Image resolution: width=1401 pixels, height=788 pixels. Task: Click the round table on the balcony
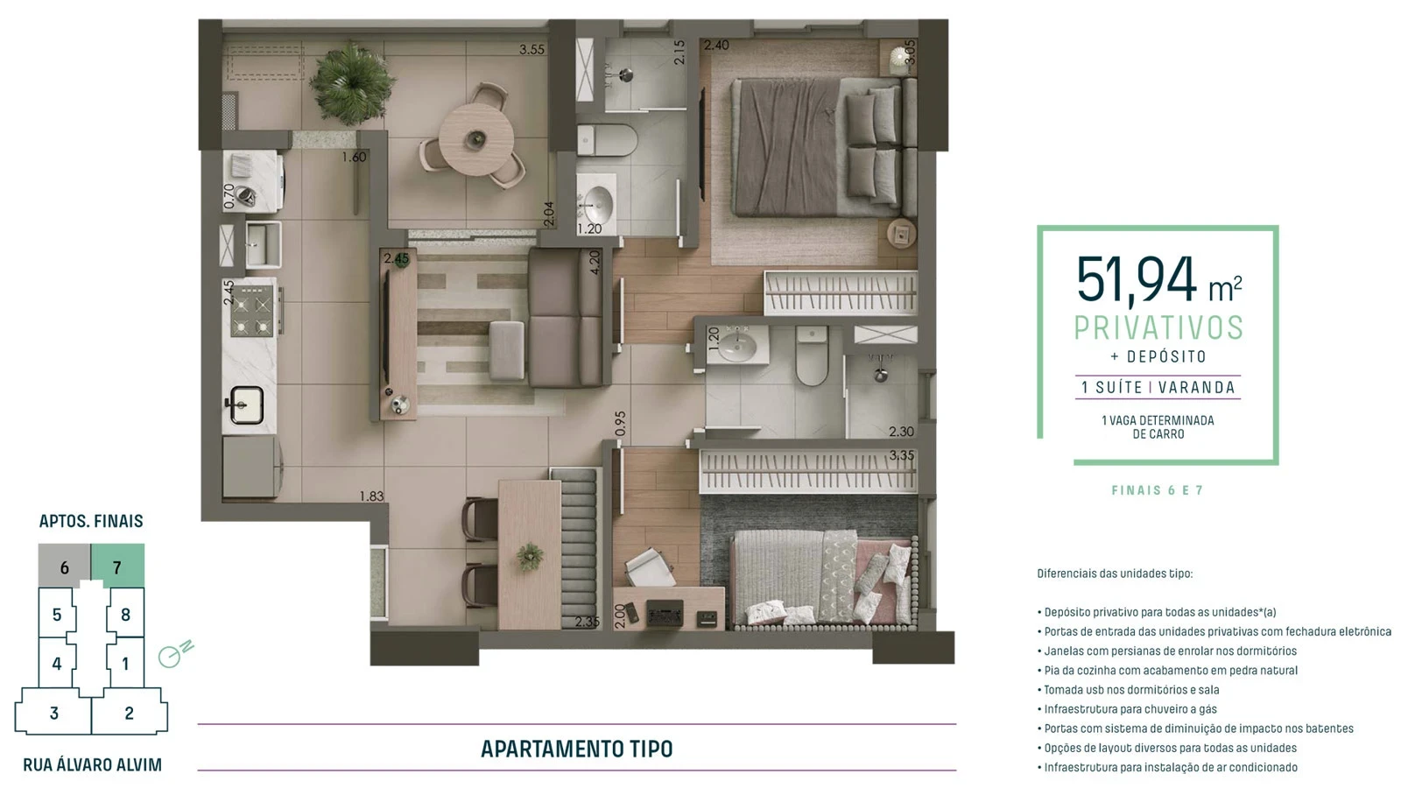pos(475,140)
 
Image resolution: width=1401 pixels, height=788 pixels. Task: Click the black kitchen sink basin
pos(247,405)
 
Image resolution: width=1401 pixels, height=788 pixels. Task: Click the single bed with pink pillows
pos(823,578)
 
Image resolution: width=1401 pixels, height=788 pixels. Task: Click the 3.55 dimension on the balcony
pos(532,50)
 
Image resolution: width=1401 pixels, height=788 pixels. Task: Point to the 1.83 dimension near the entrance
pos(371,496)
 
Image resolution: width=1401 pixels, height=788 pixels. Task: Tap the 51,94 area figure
pos(1136,280)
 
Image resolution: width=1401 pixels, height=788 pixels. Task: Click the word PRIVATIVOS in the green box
pos(1158,327)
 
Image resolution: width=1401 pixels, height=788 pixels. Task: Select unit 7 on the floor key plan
pos(117,567)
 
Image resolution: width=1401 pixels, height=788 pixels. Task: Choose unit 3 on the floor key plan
pos(54,713)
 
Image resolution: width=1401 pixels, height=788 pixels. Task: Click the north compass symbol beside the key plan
pos(174,654)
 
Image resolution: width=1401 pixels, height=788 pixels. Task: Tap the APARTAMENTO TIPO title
pos(576,749)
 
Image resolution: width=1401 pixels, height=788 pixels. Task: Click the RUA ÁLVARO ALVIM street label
pos(92,765)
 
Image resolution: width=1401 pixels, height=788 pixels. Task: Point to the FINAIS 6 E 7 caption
pos(1158,490)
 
